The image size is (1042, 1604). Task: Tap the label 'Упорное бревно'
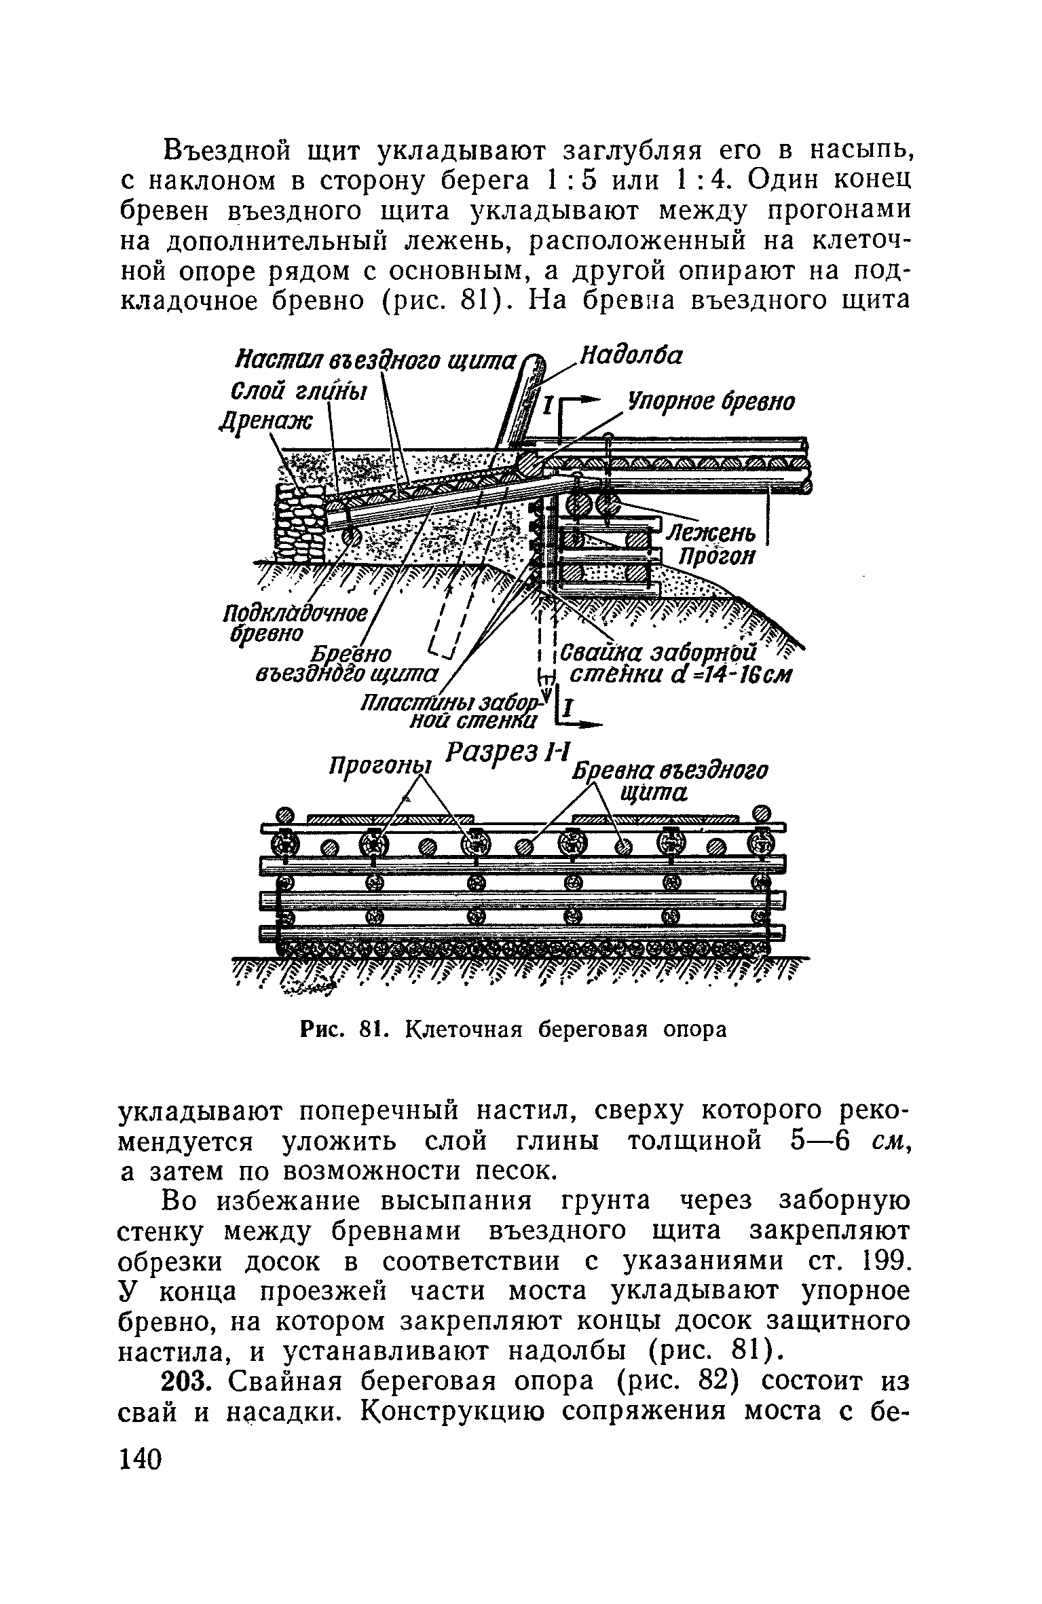coord(710,402)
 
